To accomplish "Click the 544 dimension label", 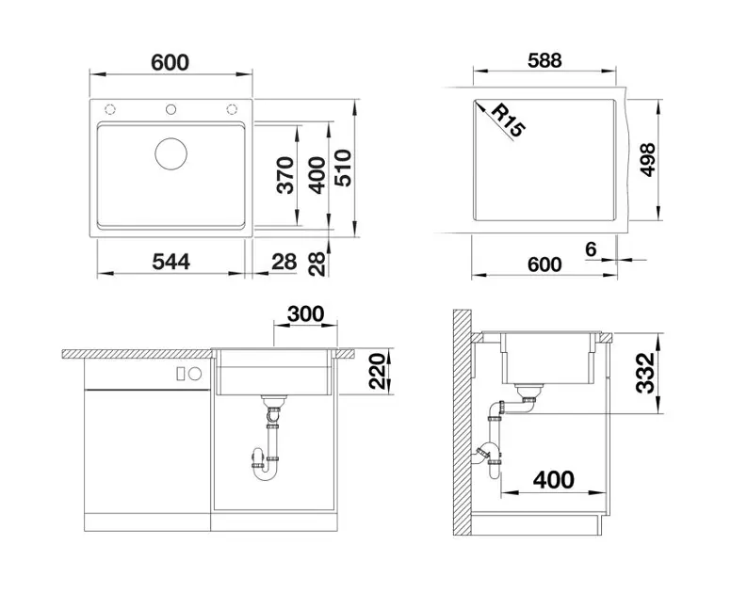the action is click(x=171, y=262).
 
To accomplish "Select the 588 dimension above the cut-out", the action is click(x=544, y=60).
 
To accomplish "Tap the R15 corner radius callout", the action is click(x=509, y=120).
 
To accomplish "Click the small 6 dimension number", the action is click(x=591, y=249).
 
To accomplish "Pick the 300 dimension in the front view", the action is click(x=305, y=314).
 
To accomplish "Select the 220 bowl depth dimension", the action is click(x=378, y=371).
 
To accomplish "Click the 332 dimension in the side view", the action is click(x=645, y=373).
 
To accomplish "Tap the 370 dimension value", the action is click(x=285, y=175).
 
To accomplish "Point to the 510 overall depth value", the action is click(x=344, y=168).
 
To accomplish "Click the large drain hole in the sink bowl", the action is click(x=171, y=153).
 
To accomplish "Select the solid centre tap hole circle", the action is click(x=171, y=109).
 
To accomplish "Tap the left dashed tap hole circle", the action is click(x=110, y=109).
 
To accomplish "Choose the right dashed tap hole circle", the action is click(x=232, y=109).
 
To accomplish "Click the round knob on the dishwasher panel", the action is click(x=195, y=374).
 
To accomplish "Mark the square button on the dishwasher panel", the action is click(x=181, y=374).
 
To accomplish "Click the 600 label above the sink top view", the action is click(x=171, y=62).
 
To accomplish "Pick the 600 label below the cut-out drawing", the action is click(x=544, y=264).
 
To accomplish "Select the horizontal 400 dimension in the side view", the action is click(x=553, y=479).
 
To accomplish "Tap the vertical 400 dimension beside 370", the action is click(x=317, y=175).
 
